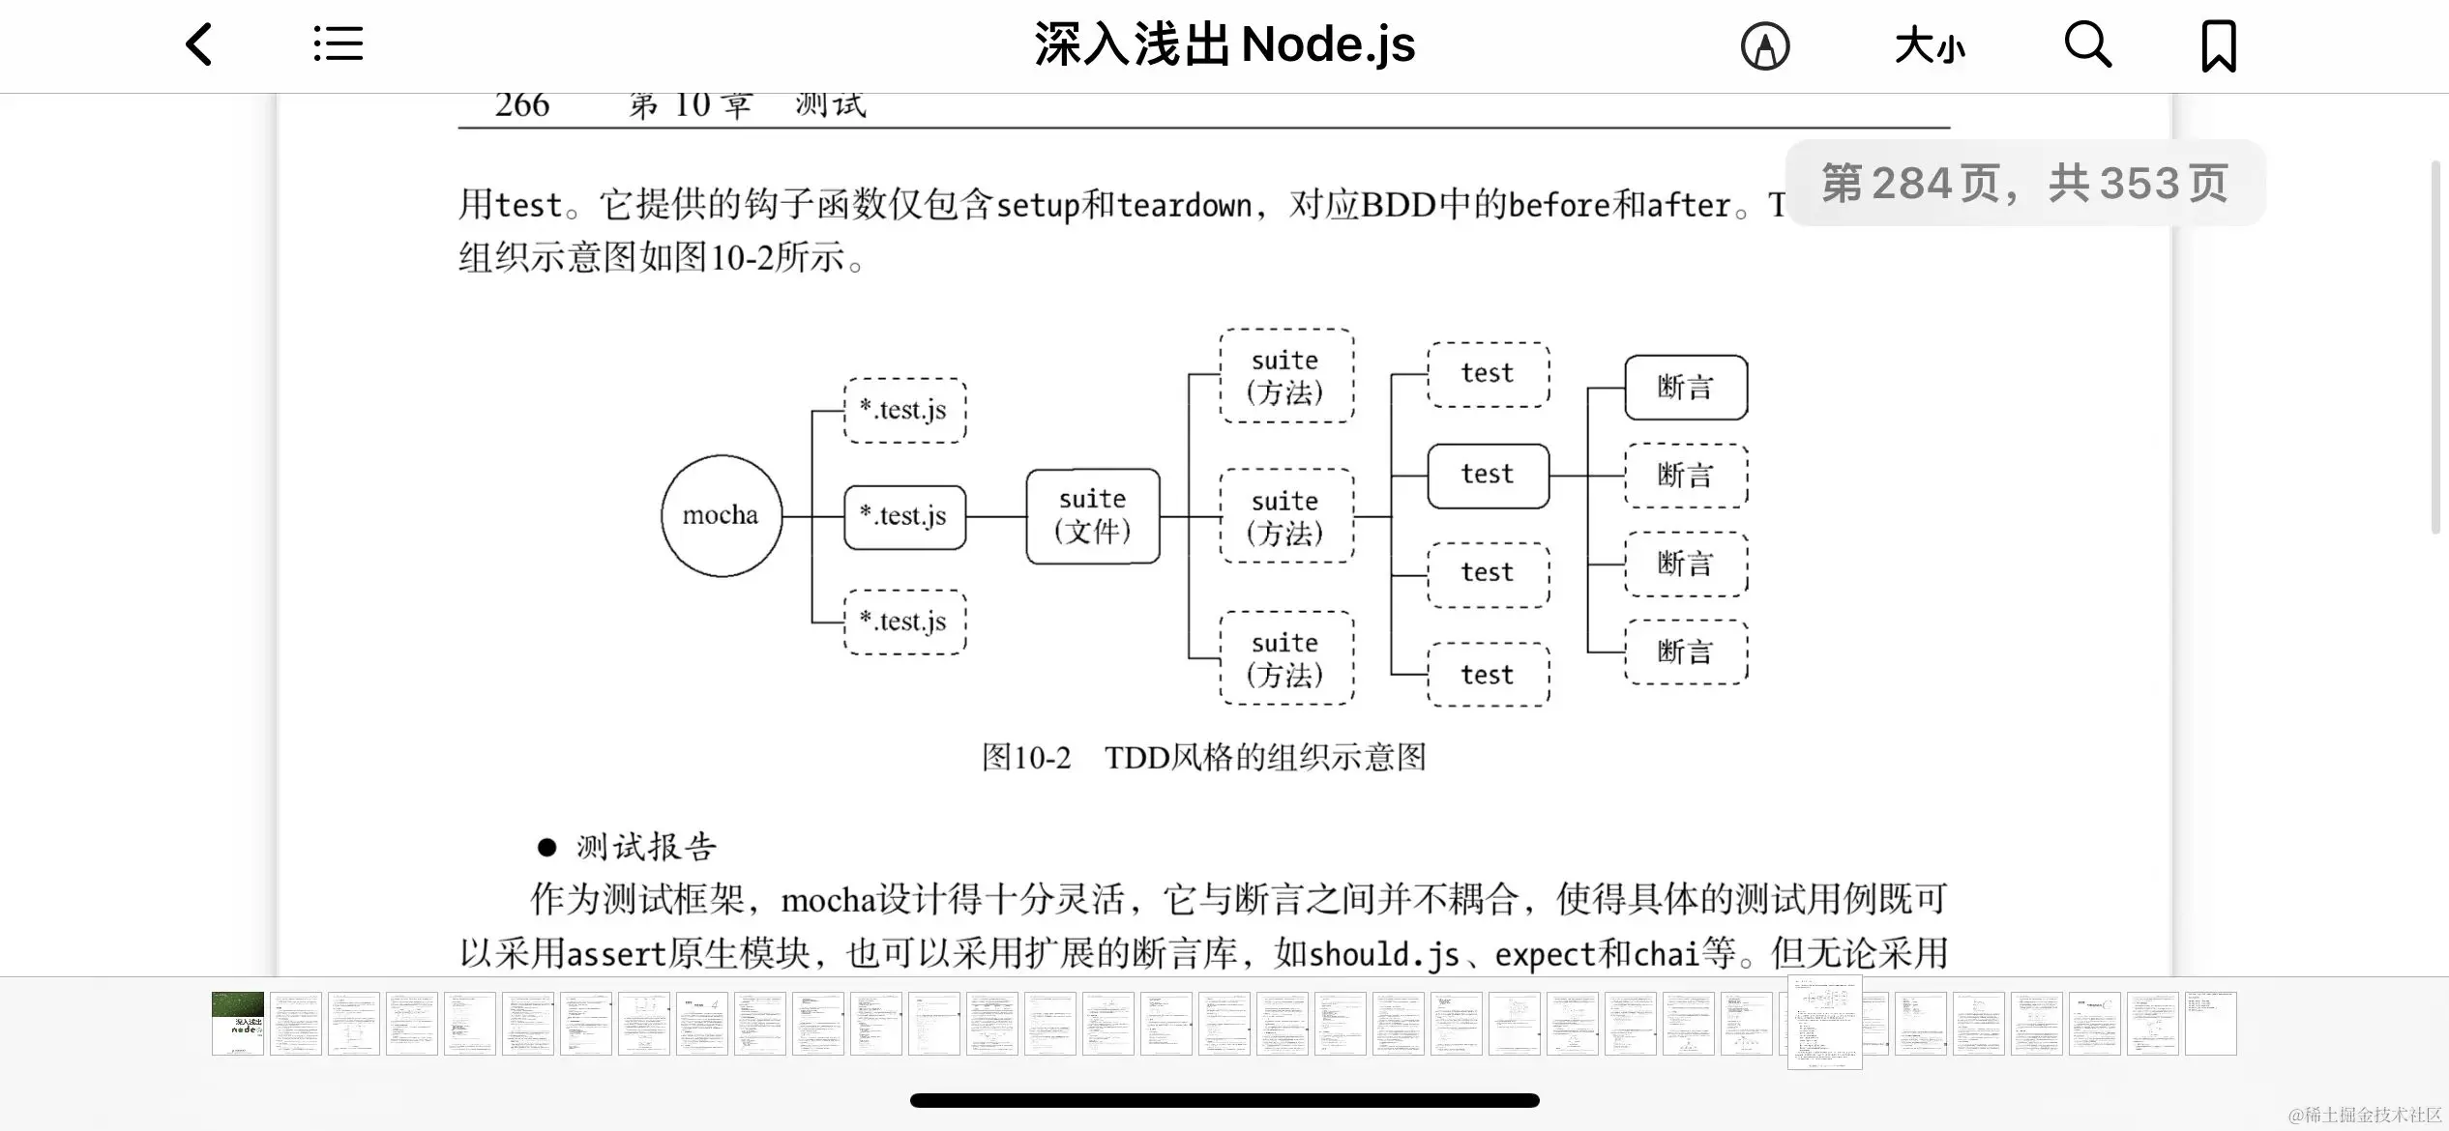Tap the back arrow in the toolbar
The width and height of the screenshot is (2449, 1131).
[199, 45]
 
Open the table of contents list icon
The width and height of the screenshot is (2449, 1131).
[339, 44]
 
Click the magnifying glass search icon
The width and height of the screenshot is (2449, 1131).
[2087, 45]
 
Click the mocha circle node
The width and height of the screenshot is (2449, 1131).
[722, 515]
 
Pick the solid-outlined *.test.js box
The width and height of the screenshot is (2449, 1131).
[904, 517]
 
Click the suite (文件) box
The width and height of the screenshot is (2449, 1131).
[1093, 516]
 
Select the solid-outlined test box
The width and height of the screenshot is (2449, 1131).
[1488, 476]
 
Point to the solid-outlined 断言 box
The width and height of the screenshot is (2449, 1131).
[1686, 388]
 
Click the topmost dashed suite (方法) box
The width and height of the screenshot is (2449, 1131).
[1286, 376]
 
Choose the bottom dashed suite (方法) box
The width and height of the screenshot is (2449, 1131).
[1286, 658]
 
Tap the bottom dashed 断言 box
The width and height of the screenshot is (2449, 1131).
[1686, 652]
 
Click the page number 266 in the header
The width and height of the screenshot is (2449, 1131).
[522, 105]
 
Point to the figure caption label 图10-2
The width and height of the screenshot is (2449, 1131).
[1026, 757]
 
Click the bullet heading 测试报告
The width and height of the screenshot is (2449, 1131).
[646, 848]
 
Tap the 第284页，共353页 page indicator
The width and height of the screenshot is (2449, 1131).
[2025, 184]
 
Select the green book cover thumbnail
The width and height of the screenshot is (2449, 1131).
[238, 1024]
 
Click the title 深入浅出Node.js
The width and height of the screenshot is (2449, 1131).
[1224, 45]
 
